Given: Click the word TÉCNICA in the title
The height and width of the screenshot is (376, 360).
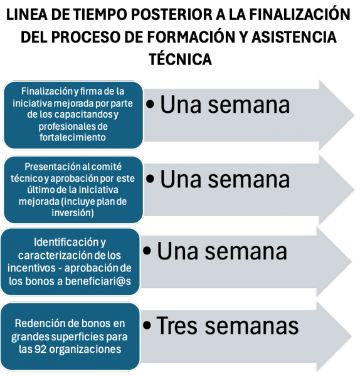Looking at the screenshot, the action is pos(180,58).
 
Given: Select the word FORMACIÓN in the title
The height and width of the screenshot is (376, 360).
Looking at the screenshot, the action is pos(191,37).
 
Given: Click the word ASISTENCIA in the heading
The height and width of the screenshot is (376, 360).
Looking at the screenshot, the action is pos(294,37).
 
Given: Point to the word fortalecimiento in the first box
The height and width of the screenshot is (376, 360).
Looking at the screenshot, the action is pos(73,137).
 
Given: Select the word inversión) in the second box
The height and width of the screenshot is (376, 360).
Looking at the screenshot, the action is pos(73,212).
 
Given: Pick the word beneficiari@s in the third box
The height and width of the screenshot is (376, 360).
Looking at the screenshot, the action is pos(98,281).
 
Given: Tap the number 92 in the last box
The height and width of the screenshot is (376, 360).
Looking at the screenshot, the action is pos(41,349).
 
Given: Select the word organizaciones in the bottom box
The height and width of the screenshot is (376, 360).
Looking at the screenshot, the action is pos(85,350).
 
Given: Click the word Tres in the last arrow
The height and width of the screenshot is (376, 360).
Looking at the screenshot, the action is pos(177,325).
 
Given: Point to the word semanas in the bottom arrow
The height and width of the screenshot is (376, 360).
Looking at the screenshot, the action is pos(251,326).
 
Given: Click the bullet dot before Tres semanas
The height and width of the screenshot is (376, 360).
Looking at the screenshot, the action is pos(147,325).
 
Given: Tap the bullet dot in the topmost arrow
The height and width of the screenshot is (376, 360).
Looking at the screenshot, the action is pos(150,104).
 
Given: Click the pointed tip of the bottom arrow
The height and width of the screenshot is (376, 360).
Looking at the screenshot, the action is pos(351,335).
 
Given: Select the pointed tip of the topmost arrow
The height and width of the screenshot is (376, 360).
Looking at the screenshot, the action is pos(354,115).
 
